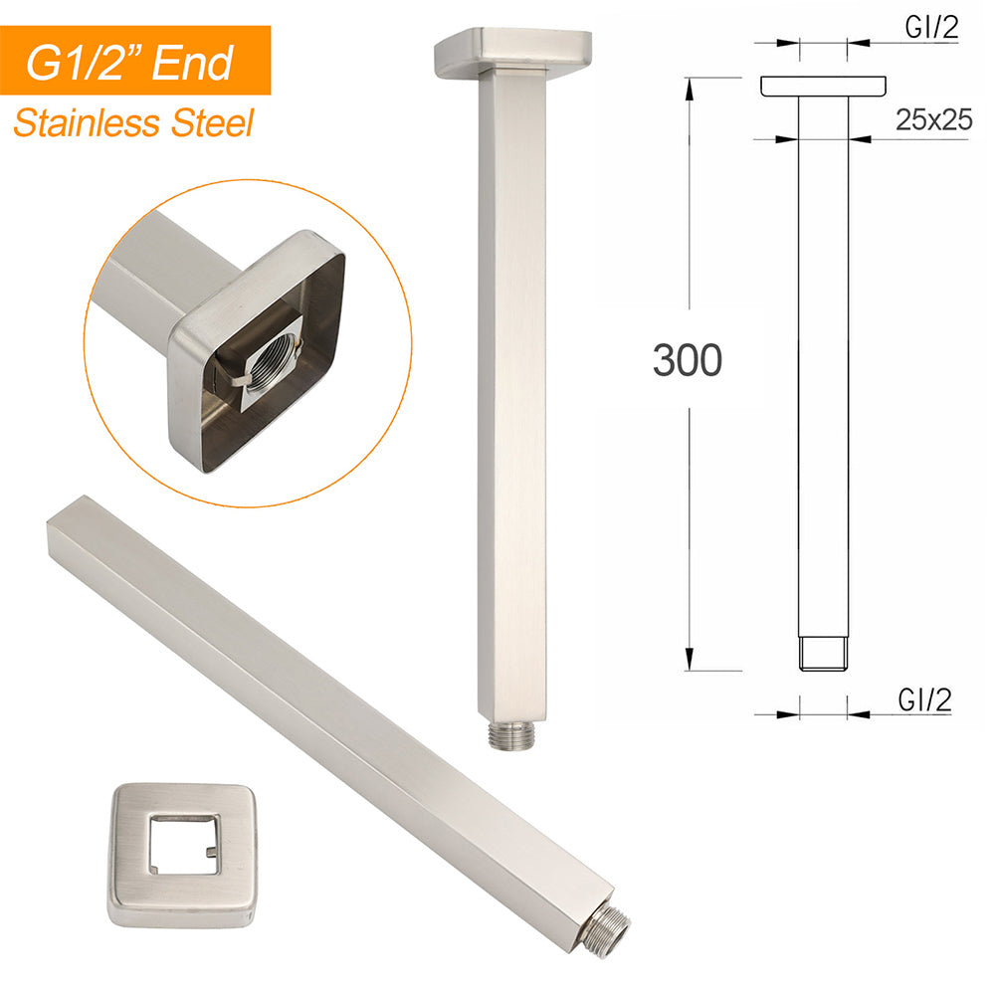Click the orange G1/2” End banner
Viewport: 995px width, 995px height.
[x=135, y=61]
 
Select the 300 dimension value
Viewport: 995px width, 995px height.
[x=687, y=360]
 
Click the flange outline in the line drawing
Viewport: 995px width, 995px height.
[x=824, y=87]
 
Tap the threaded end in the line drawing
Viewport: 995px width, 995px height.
[x=824, y=653]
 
